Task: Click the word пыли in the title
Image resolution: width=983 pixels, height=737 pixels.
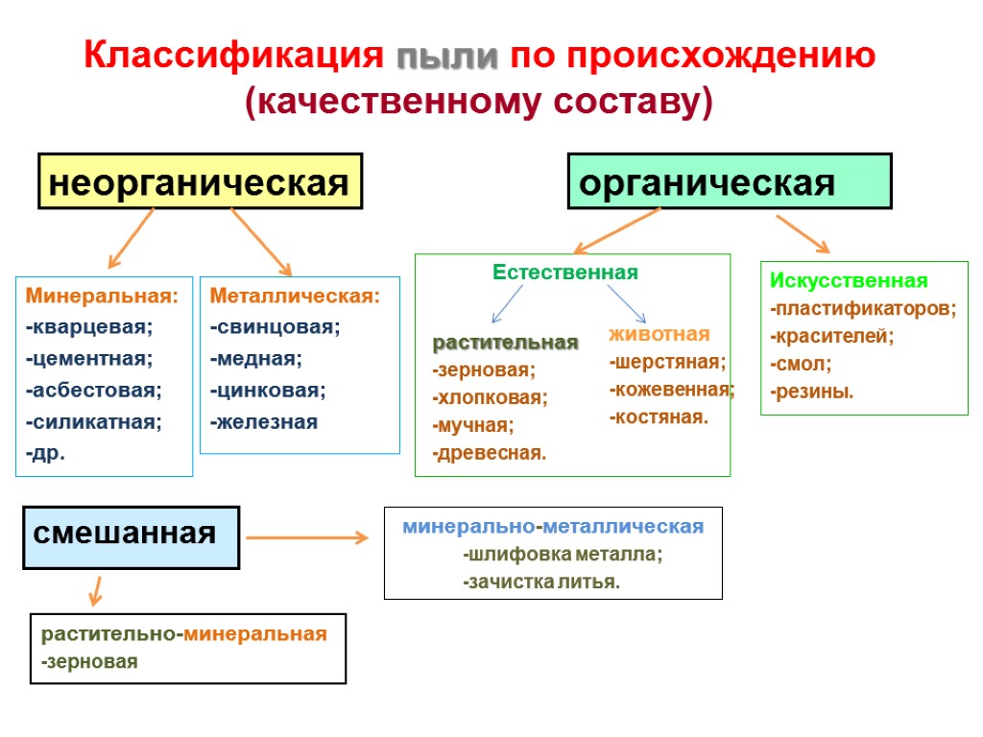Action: click(x=448, y=56)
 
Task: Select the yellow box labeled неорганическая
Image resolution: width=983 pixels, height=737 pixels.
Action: click(x=200, y=181)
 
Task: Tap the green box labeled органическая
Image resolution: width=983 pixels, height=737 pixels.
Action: click(x=730, y=181)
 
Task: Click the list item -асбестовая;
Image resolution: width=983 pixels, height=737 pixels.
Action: click(x=93, y=390)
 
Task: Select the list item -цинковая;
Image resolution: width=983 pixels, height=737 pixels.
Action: click(x=268, y=390)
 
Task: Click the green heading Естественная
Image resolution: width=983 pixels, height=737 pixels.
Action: click(x=565, y=273)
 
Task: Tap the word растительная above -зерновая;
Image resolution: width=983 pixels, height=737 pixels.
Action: click(x=505, y=343)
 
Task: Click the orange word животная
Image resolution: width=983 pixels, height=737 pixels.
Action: click(x=659, y=334)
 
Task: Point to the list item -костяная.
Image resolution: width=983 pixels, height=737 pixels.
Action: click(x=659, y=417)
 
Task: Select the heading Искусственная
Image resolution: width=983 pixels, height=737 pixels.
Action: click(x=849, y=280)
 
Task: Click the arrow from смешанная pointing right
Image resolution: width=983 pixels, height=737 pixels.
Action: click(x=307, y=537)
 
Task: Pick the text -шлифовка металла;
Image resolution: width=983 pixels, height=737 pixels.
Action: click(x=563, y=554)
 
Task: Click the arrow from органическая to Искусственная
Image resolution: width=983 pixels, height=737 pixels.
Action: click(x=803, y=233)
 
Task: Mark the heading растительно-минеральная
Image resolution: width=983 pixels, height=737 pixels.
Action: click(x=184, y=633)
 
